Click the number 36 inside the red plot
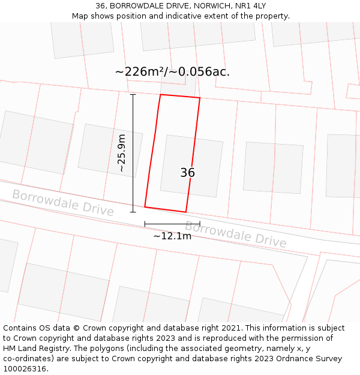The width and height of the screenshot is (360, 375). click(x=187, y=173)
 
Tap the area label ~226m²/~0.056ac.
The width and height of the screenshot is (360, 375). click(x=172, y=72)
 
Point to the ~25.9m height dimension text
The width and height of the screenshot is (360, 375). click(x=122, y=153)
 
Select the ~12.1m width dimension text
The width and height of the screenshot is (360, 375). click(x=172, y=236)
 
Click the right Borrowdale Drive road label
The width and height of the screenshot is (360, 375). click(x=235, y=233)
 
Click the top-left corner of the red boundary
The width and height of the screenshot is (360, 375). click(x=160, y=94)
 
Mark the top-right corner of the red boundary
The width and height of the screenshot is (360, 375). click(x=200, y=98)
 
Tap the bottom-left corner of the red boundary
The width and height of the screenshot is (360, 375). click(x=145, y=207)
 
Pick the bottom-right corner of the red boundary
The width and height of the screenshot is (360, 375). click(x=185, y=212)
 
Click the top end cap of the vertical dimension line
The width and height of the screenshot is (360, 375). click(x=133, y=94)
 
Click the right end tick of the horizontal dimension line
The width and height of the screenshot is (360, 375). click(x=200, y=224)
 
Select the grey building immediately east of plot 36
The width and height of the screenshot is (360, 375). click(x=273, y=167)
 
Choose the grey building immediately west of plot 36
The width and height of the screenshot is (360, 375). click(x=110, y=150)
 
